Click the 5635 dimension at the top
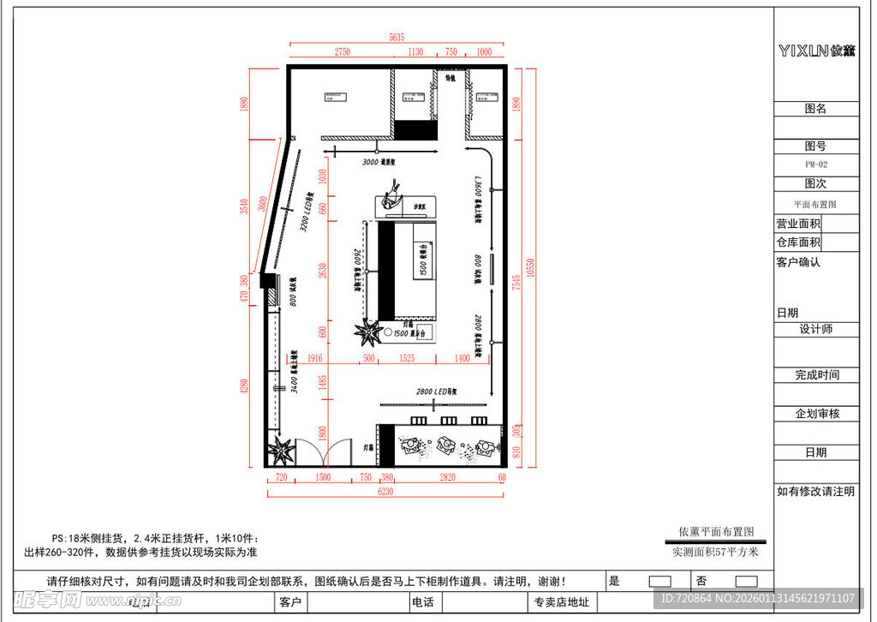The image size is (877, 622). click(396, 37)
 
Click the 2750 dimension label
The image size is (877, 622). click(342, 51)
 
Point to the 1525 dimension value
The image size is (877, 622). click(407, 357)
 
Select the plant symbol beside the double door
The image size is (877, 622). click(282, 448)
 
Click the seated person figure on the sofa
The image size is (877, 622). click(392, 194)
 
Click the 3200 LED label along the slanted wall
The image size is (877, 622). click(305, 212)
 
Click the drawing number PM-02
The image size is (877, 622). click(815, 164)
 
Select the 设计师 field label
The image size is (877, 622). click(815, 329)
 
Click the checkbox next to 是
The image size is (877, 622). click(660, 581)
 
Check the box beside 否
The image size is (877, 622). click(746, 581)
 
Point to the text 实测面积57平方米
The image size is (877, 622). click(715, 552)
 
